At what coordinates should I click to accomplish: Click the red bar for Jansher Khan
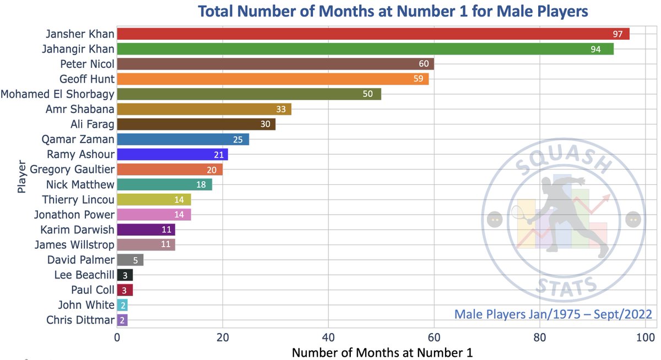pyautogui.click(x=373, y=34)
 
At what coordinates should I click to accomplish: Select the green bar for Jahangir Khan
pyautogui.click(x=365, y=49)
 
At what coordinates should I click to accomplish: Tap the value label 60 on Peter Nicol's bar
pyautogui.click(x=424, y=64)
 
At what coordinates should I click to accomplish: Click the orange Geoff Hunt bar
pyautogui.click(x=273, y=79)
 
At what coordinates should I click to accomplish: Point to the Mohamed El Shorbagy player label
pyautogui.click(x=57, y=94)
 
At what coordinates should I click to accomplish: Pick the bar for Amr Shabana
pyautogui.click(x=204, y=109)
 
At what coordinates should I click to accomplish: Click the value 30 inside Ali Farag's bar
pyautogui.click(x=265, y=124)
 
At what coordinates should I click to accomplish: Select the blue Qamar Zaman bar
pyautogui.click(x=183, y=139)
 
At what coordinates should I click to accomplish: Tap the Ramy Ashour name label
pyautogui.click(x=80, y=154)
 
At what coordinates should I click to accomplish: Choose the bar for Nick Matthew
pyautogui.click(x=164, y=184)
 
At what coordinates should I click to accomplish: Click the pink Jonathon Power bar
pyautogui.click(x=154, y=215)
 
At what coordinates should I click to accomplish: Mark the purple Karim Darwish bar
pyautogui.click(x=146, y=230)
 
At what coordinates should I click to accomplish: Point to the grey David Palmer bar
pyautogui.click(x=130, y=260)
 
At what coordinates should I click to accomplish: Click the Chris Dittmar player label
pyautogui.click(x=80, y=320)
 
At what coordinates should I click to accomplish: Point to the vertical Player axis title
pyautogui.click(x=21, y=177)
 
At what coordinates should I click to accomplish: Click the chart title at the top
pyautogui.click(x=385, y=11)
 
